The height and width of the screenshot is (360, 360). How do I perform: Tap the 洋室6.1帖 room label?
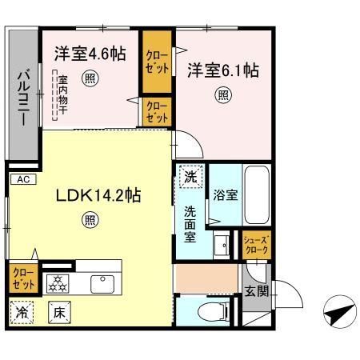tap(222, 70)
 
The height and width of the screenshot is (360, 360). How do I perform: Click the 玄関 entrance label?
tap(256, 292)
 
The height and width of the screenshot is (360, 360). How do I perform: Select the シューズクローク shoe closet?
tap(256, 245)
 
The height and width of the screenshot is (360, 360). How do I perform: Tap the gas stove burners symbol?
tap(58, 282)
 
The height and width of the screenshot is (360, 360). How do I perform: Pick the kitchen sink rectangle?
tap(102, 282)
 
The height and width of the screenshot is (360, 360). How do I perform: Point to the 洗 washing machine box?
tap(190, 178)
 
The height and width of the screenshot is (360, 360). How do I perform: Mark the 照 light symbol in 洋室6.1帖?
tap(222, 94)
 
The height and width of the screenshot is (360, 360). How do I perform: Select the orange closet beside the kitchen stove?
tap(22, 278)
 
